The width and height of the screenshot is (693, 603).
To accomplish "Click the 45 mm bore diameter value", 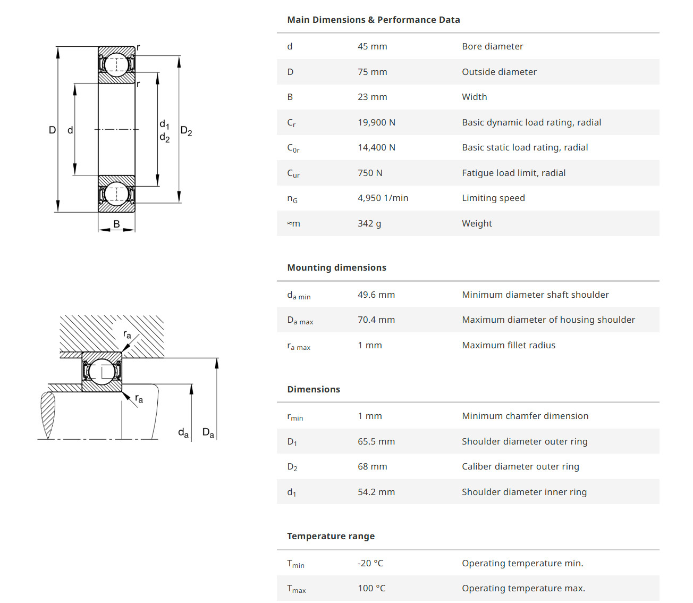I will tap(372, 46).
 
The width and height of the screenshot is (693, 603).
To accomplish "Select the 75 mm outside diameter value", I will tap(372, 72).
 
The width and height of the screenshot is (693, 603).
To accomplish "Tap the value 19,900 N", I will tap(376, 122).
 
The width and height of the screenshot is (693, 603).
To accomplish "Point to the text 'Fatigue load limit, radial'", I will tap(513, 173).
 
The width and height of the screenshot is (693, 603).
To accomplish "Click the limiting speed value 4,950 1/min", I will tap(383, 198).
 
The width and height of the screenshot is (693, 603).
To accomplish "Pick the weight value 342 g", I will tap(369, 223).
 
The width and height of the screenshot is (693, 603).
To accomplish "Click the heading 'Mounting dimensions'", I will tap(336, 267).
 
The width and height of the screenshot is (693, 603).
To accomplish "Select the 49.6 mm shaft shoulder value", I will tap(376, 295).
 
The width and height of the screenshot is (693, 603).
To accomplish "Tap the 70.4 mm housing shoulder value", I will tap(376, 320).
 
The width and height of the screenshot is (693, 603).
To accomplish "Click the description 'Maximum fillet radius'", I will tap(509, 345).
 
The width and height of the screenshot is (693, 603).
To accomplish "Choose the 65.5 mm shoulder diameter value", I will tap(376, 441).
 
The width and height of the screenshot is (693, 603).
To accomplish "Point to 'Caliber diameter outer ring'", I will tap(520, 466).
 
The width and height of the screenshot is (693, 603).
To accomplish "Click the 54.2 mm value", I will tap(376, 492).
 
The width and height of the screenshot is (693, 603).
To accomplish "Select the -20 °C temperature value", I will tap(370, 563).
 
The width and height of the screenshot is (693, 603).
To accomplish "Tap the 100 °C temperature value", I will tap(371, 588).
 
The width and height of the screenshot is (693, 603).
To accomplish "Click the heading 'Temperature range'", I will tap(331, 536).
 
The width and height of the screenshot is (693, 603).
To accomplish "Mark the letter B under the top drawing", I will tap(116, 224).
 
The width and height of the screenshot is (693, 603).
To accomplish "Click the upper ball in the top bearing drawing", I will tap(116, 64).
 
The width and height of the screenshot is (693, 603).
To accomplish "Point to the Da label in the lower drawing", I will tap(208, 433).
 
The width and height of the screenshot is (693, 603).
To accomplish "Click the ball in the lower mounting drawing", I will tap(102, 371).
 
